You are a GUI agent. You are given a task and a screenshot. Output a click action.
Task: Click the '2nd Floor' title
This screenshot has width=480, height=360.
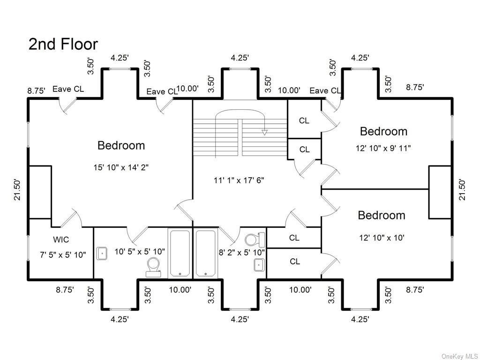[x=63, y=44]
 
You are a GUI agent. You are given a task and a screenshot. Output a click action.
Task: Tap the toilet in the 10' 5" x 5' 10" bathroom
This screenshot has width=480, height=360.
[x=153, y=266]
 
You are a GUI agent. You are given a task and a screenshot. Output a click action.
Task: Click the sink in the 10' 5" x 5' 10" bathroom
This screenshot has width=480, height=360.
[x=102, y=254]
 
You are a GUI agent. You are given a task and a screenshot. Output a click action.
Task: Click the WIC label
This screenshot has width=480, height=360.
[x=61, y=240]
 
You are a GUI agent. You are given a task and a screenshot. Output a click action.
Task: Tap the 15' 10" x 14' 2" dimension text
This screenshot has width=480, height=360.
[x=121, y=167]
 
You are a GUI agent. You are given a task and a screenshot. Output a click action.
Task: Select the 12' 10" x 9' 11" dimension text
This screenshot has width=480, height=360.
[x=383, y=148]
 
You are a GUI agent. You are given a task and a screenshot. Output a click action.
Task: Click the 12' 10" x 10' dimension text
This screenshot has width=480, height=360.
[x=382, y=238]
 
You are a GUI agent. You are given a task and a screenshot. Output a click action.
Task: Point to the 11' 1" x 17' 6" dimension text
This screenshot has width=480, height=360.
[x=239, y=180]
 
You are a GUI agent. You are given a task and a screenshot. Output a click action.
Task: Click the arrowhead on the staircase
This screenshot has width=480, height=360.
[x=264, y=133]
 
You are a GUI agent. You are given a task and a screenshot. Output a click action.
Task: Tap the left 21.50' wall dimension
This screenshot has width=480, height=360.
[x=17, y=190]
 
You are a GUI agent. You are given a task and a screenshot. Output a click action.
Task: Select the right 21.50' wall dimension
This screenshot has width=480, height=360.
[x=463, y=190]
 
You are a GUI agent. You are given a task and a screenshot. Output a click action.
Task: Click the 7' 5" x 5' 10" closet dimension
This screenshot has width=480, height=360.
[x=63, y=255]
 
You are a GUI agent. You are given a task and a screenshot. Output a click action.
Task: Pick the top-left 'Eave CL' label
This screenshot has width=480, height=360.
[x=68, y=89]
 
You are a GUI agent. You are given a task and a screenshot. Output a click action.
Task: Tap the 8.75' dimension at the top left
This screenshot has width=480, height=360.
[x=36, y=91]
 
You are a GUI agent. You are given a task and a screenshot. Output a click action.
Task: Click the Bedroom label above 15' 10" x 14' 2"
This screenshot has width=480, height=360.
[x=121, y=145]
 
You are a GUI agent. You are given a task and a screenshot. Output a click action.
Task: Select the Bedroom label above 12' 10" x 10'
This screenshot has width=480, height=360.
[x=382, y=215]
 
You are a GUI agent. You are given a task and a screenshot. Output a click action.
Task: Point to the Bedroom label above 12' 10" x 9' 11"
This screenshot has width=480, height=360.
[x=383, y=131]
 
